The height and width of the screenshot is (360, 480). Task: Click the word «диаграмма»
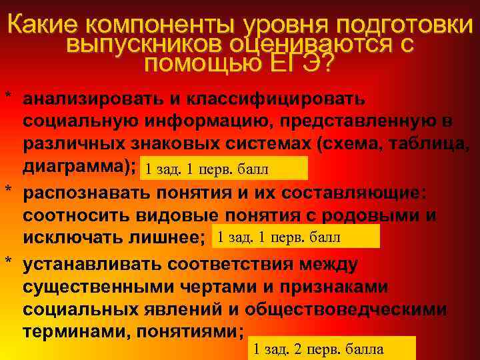tap(77, 166)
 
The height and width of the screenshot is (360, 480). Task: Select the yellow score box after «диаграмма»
tap(225, 168)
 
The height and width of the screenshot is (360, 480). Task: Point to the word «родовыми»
tap(370, 215)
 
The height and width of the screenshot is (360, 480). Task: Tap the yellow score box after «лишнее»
tap(295, 236)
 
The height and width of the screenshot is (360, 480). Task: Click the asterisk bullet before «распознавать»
tap(8, 190)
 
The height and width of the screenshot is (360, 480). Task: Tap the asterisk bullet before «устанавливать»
tap(8, 262)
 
